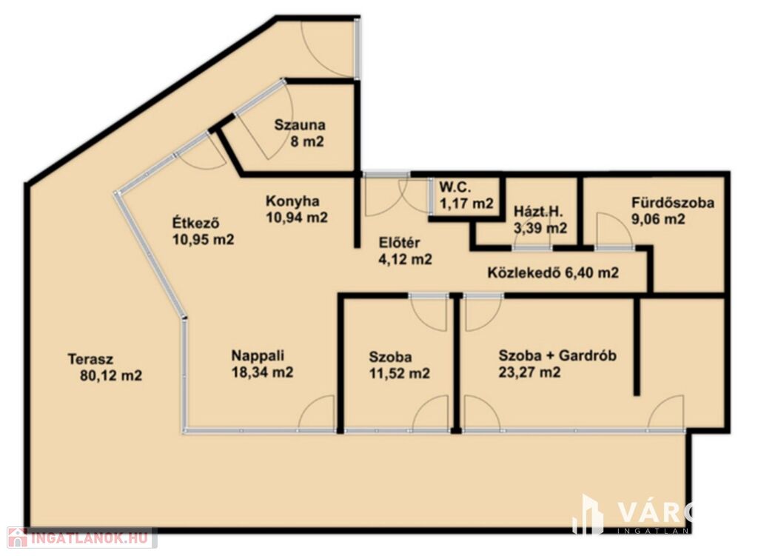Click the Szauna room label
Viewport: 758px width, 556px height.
tap(300, 124)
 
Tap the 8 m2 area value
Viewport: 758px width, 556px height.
tap(306, 141)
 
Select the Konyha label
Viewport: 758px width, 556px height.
tap(292, 201)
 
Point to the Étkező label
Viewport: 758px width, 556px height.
tap(196, 223)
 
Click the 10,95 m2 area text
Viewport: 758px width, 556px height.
tap(203, 239)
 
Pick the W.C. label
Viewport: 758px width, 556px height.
tap(455, 187)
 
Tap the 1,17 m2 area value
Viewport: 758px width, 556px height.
tap(466, 203)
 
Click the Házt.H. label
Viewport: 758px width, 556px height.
tap(539, 211)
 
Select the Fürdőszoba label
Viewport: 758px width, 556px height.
tap(672, 203)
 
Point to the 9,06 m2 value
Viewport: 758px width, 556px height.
tap(658, 219)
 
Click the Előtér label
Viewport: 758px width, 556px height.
tap(399, 243)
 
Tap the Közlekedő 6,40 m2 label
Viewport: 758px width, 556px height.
tap(553, 273)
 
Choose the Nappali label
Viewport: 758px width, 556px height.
tap(258, 356)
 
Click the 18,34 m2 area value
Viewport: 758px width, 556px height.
tap(262, 372)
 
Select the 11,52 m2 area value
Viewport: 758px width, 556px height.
tap(399, 373)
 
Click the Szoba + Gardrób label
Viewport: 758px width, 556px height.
tap(557, 356)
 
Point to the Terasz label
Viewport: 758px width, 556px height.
tap(90, 359)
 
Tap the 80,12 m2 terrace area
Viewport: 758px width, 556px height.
tap(111, 375)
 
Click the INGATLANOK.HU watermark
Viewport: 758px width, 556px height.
tap(82, 537)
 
